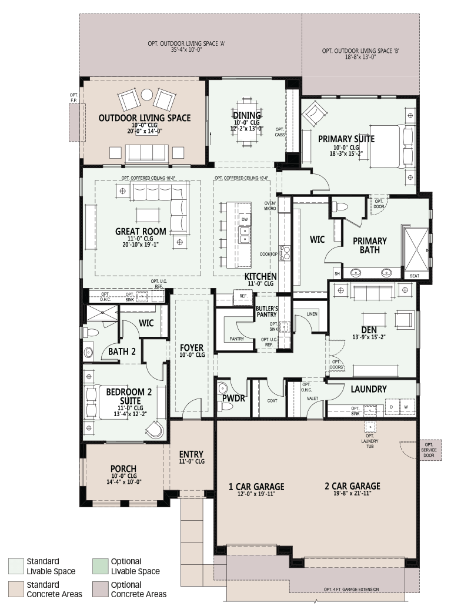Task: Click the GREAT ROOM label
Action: point(141,232)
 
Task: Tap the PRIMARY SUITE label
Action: point(346,139)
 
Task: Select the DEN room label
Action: point(369,330)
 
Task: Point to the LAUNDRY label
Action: point(369,389)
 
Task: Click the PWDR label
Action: point(233,399)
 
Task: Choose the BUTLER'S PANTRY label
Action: point(267,312)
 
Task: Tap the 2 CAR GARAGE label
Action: point(353,486)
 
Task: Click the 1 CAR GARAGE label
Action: point(256,487)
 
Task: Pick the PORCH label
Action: point(123,468)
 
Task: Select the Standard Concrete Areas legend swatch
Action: point(16,590)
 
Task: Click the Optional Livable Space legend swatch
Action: point(100,566)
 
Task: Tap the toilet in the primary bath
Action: point(340,207)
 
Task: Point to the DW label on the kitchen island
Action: point(245,220)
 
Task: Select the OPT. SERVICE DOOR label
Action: point(429,450)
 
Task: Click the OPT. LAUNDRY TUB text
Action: point(370,441)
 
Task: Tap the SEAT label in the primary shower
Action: point(415,276)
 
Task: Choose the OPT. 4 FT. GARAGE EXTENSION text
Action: point(352,590)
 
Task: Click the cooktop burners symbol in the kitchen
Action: point(284,253)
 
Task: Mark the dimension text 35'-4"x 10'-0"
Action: point(186,50)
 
